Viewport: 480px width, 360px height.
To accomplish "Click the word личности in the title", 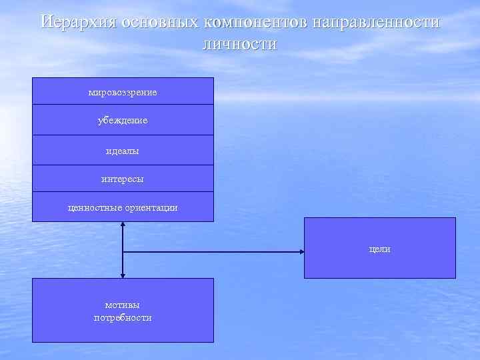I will [x=239, y=45].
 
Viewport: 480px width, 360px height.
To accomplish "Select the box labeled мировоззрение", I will [x=123, y=91].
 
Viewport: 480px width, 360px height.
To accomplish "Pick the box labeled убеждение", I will [x=123, y=120].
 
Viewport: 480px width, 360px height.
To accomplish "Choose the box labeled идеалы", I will [x=123, y=151].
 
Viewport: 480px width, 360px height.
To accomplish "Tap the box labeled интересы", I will [x=123, y=179].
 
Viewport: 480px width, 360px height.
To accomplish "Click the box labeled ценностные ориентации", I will [x=123, y=207].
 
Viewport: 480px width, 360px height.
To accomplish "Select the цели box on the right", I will [x=380, y=248].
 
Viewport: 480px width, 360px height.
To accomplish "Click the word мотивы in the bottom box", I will [x=123, y=305].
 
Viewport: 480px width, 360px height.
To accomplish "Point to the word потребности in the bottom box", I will [x=123, y=318].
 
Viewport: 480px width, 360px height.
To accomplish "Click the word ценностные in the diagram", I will [x=95, y=207].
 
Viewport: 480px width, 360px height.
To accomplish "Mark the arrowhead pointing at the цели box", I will [x=301, y=252].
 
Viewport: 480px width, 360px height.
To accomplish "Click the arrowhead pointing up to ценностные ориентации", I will [x=123, y=225].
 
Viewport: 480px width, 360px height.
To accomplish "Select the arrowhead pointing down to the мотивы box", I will [x=123, y=275].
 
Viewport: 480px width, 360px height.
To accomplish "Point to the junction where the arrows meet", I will [x=123, y=252].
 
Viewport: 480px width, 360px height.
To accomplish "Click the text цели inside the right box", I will [x=380, y=249].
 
